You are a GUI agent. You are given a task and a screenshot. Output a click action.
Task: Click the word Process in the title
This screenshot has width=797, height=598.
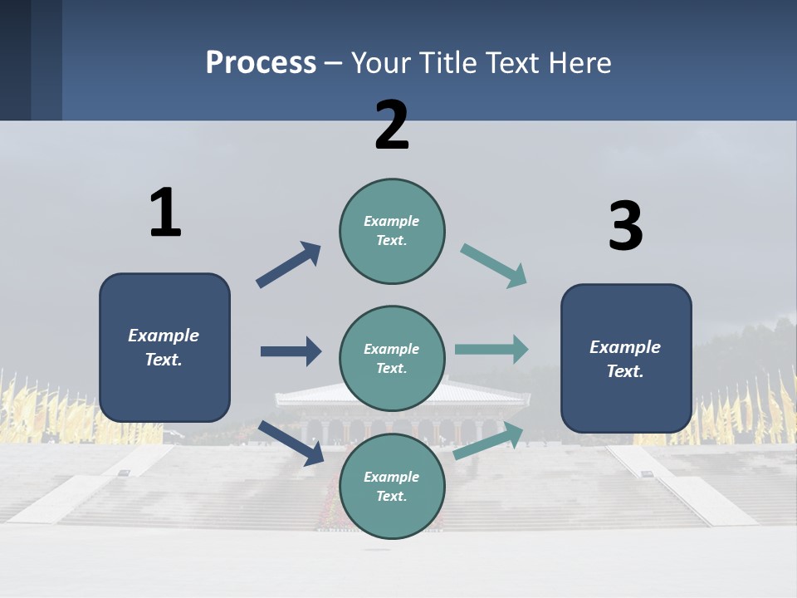click(x=261, y=62)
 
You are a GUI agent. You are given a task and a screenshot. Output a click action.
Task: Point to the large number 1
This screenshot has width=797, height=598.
click(x=165, y=213)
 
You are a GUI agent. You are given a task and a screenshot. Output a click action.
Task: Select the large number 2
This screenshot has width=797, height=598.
click(x=392, y=125)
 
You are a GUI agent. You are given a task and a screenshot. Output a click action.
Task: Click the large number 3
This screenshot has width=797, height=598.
click(x=625, y=227)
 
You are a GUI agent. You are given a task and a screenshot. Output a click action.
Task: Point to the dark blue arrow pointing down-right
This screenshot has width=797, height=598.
click(x=291, y=442)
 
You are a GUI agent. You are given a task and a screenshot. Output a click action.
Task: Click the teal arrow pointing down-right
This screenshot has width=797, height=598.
click(x=494, y=266)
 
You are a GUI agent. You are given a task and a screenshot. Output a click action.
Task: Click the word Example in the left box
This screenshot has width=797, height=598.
click(x=164, y=336)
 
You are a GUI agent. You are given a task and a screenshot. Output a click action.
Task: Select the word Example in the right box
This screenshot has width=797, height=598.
click(x=625, y=347)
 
